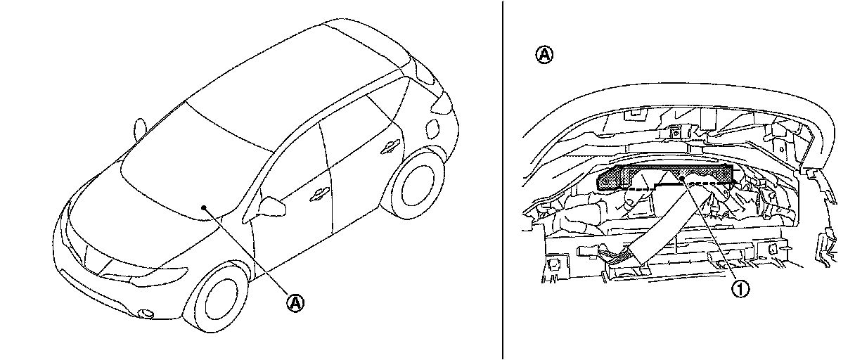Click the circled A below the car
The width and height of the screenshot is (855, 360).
pos(296,303)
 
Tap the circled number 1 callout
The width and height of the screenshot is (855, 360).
pos(740,288)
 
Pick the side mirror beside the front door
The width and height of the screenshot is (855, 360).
pos(272,207)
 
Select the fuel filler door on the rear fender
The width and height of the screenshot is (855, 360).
pos(431,129)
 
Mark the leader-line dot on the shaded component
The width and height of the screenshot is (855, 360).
pos(684,179)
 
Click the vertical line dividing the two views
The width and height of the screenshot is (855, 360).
pos(503,180)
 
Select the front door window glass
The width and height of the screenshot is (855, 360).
pos(295,162)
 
